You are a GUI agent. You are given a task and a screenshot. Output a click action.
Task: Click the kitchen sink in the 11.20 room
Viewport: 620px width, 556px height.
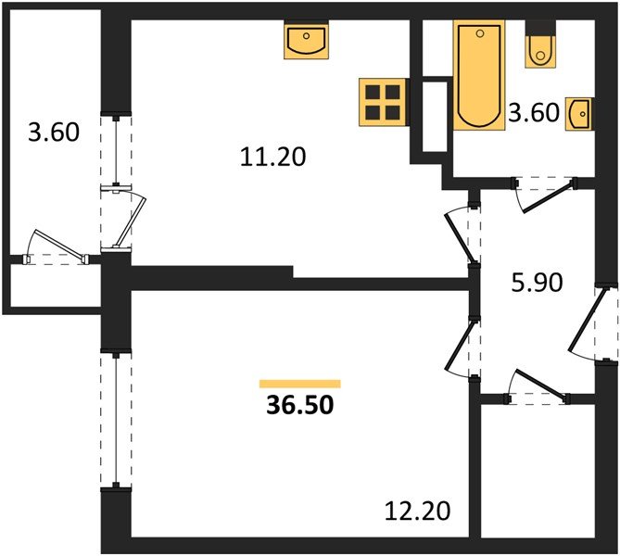pos(306,42)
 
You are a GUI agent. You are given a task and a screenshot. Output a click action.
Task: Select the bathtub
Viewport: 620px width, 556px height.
pos(478,77)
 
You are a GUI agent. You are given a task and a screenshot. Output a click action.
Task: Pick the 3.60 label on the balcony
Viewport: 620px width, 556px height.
pos(54,133)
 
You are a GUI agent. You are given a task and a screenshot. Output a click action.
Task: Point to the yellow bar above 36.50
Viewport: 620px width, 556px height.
pos(300,383)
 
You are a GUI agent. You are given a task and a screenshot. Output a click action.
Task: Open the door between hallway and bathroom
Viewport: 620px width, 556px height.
pos(542,193)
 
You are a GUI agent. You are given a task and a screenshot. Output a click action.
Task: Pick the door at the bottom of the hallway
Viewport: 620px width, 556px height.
pos(538,389)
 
